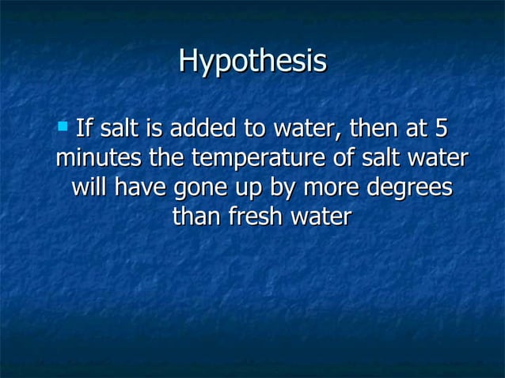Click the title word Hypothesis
point(252,62)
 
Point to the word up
point(254,189)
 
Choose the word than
point(196,217)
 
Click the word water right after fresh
point(320,217)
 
